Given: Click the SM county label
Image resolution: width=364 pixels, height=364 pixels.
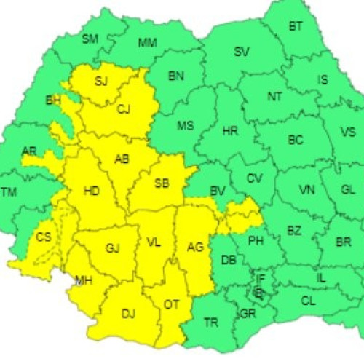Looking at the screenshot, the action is (90, 39).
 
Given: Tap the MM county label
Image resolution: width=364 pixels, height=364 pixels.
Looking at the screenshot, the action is (147, 43).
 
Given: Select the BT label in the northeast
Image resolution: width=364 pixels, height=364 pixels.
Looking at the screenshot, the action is (296, 27).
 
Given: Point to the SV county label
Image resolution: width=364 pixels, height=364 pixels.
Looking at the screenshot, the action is (241, 52).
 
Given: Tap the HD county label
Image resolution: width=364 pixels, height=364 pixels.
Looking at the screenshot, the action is (92, 191).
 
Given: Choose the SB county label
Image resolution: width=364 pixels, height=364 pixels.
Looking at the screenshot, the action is (162, 183).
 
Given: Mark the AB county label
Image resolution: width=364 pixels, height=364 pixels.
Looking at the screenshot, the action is (122, 160).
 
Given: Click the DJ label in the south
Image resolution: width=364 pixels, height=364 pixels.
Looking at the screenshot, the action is (128, 314).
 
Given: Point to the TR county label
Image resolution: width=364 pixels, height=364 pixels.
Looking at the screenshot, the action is (210, 321).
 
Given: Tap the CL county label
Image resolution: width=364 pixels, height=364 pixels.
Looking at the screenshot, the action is (308, 300).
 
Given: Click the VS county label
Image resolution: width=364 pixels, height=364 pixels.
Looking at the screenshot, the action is (347, 132).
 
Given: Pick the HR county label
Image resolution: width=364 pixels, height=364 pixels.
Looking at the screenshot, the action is (229, 131).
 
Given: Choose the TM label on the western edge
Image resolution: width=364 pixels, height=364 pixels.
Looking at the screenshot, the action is (9, 192).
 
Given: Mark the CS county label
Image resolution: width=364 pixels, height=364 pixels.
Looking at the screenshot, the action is (44, 237).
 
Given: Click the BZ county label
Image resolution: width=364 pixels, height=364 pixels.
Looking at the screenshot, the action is (293, 231).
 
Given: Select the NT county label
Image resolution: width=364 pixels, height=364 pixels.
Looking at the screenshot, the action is (274, 96).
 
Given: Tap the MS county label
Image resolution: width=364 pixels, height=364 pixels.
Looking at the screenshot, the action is (186, 125).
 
